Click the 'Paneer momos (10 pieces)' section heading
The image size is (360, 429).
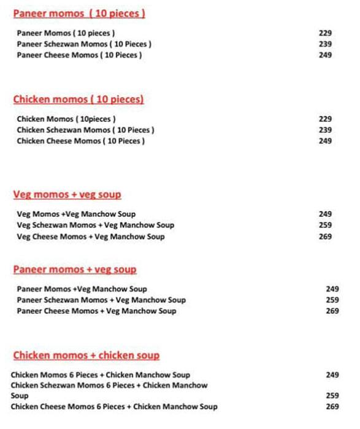tap(79, 13)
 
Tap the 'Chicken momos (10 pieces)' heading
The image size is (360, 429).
tap(78, 99)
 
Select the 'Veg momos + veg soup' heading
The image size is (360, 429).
tap(67, 195)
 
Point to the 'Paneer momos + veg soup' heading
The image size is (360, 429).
tap(75, 270)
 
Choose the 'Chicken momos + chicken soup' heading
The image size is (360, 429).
tap(86, 355)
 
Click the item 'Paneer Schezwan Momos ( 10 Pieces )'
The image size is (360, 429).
tap(84, 44)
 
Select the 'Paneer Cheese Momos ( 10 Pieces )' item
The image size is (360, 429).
tap(80, 55)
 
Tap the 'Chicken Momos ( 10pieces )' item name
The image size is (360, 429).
tap(66, 119)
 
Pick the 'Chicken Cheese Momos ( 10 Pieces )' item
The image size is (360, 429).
tap(81, 141)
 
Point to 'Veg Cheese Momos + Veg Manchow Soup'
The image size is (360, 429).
tap(91, 237)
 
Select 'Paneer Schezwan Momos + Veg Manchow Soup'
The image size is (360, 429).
tap(101, 300)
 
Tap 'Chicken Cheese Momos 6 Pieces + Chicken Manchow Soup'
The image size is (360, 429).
tap(114, 407)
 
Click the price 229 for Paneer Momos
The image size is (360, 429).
tap(325, 33)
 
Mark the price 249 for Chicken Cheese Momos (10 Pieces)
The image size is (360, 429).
tap(325, 141)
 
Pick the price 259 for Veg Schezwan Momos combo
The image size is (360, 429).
tap(325, 226)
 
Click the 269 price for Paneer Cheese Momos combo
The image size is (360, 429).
tap(332, 311)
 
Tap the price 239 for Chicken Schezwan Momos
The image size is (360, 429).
tap(325, 130)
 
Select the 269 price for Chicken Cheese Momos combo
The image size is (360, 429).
tap(332, 407)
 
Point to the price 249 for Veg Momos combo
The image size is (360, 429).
tap(325, 214)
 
